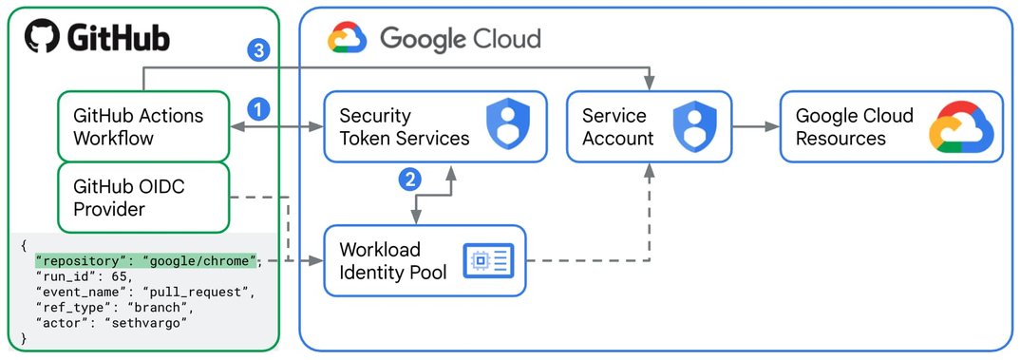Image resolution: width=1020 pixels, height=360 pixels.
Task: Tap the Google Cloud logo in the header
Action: (x=347, y=38)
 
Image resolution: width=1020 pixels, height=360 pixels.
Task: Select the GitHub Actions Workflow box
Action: (x=143, y=126)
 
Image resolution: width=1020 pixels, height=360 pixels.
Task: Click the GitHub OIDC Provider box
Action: (x=143, y=198)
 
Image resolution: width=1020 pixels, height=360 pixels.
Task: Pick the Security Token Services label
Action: (x=404, y=127)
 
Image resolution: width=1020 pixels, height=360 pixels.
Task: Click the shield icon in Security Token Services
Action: (x=505, y=126)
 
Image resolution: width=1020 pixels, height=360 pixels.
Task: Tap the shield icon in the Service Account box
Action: (x=692, y=126)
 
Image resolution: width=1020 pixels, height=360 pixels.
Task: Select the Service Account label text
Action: (x=617, y=127)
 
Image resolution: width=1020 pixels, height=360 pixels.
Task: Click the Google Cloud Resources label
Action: (x=854, y=127)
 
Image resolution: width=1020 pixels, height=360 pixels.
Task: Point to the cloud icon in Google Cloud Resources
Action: (x=960, y=128)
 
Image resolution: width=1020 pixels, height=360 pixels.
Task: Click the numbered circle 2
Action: (x=409, y=178)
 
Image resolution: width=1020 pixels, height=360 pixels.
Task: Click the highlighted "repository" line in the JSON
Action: (x=144, y=260)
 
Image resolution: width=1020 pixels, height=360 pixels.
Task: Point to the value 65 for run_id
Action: (x=112, y=275)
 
